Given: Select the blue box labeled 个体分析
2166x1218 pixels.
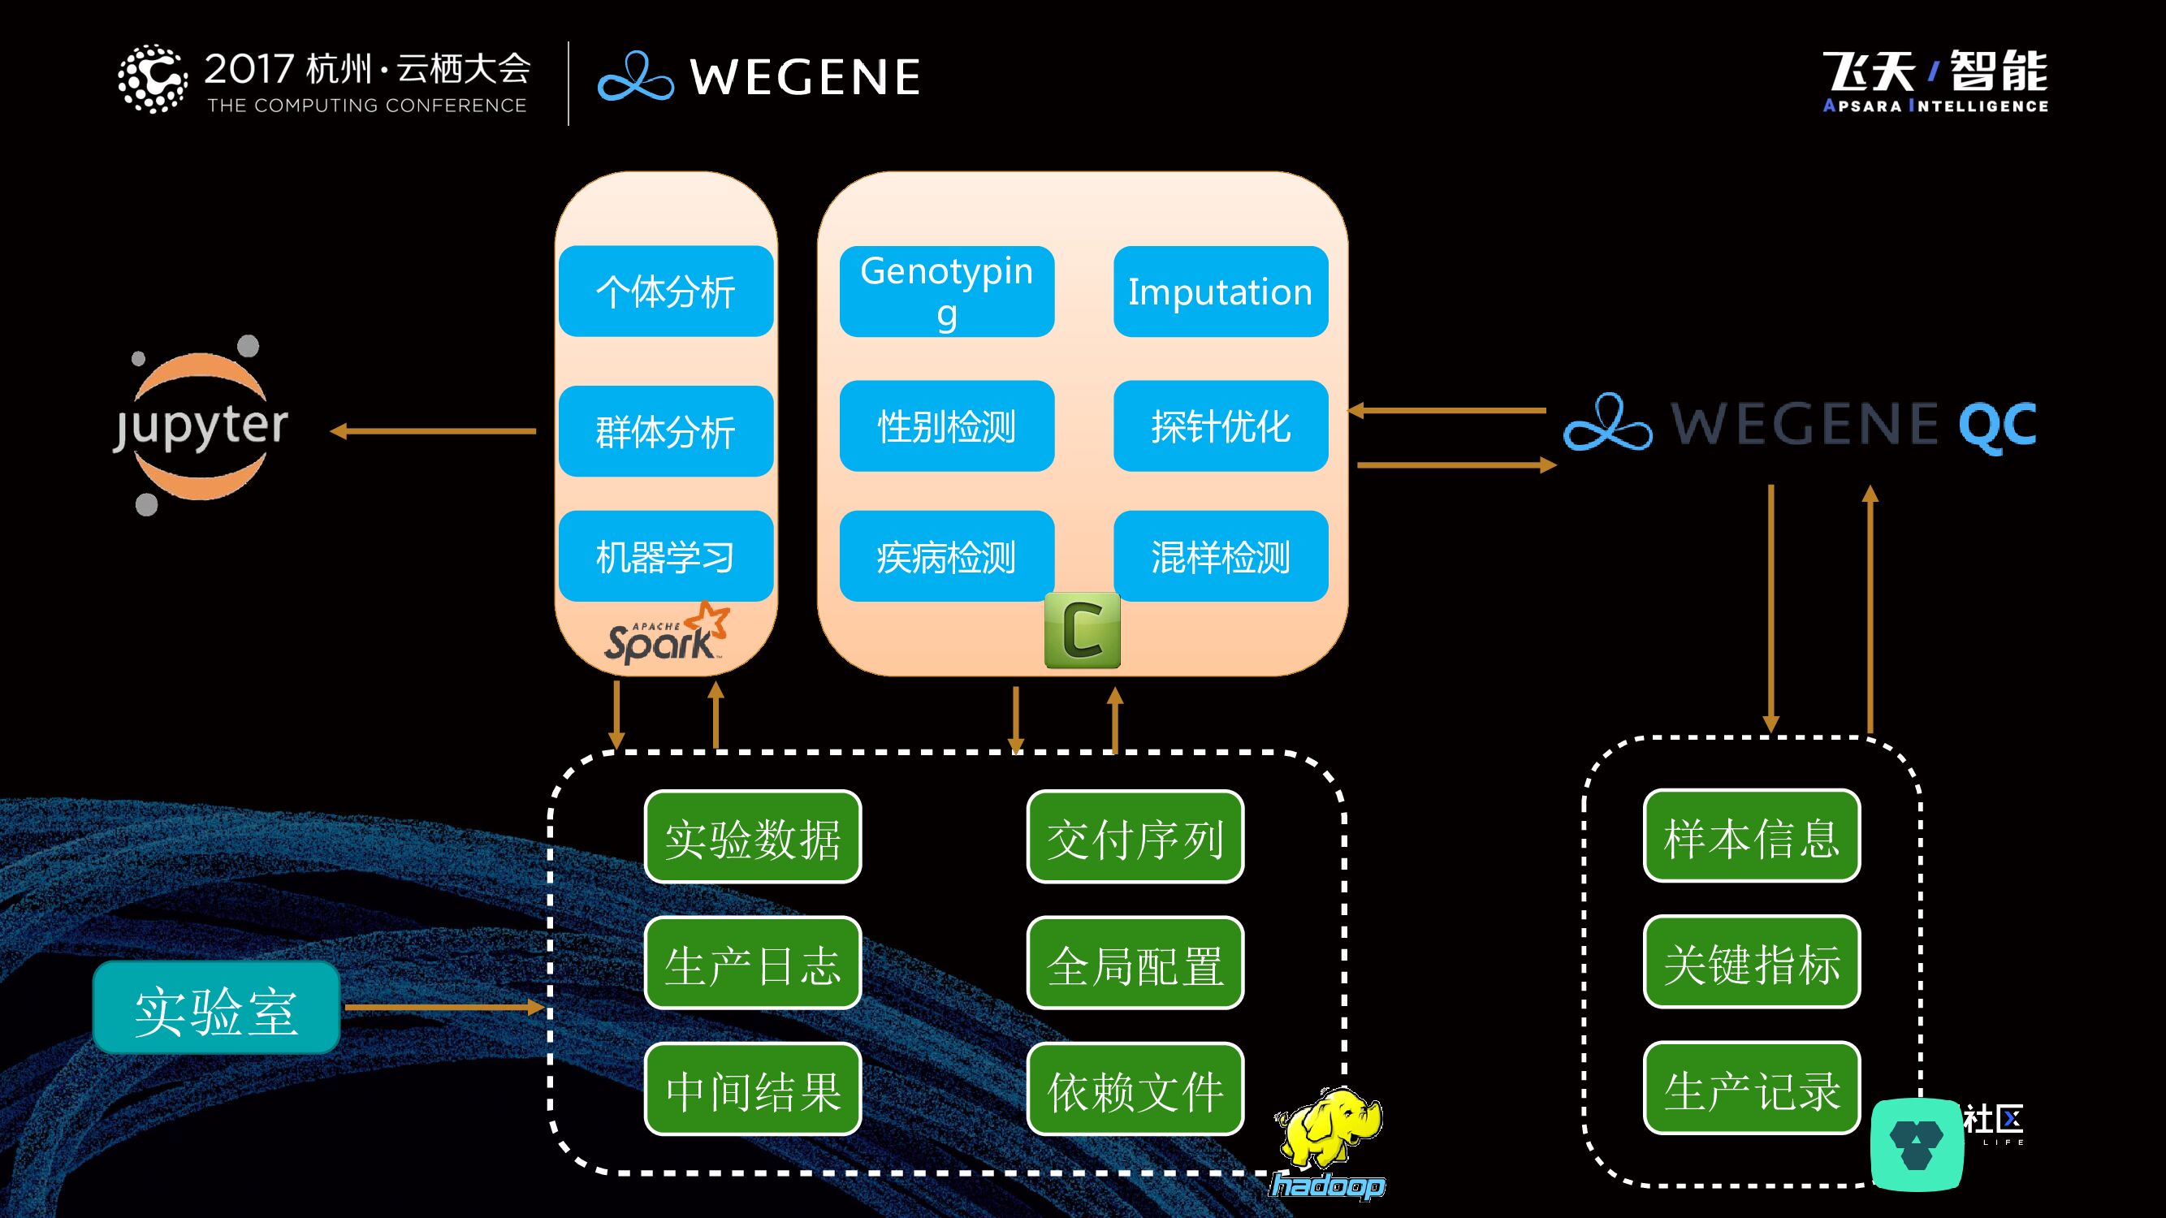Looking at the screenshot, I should click(x=665, y=292).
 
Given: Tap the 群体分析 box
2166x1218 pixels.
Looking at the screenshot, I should click(x=665, y=431).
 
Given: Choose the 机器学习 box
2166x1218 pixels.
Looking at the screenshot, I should click(x=665, y=555).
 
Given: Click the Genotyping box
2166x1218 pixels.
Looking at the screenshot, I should click(x=946, y=292).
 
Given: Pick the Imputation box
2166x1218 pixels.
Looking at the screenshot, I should click(x=1220, y=292).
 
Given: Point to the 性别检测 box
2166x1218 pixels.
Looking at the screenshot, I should click(x=946, y=426).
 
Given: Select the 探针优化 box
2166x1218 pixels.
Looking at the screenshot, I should click(x=1220, y=426).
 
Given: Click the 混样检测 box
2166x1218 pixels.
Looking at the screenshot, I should click(x=1220, y=555).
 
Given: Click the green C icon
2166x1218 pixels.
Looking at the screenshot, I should click(x=1082, y=630).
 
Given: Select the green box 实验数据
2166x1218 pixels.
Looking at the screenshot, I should click(x=753, y=837).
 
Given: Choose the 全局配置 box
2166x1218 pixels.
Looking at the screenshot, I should click(x=1135, y=963).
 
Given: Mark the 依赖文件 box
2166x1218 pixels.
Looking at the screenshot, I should click(x=1135, y=1090).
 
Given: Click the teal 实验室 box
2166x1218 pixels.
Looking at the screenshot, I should click(x=216, y=1008).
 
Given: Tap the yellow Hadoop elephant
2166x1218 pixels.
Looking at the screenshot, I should click(x=1330, y=1130).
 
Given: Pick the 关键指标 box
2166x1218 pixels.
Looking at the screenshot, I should click(x=1752, y=962).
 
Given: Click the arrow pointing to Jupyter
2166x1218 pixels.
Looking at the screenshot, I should click(x=432, y=431).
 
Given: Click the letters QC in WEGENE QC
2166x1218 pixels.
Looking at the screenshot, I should click(x=1998, y=425).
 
